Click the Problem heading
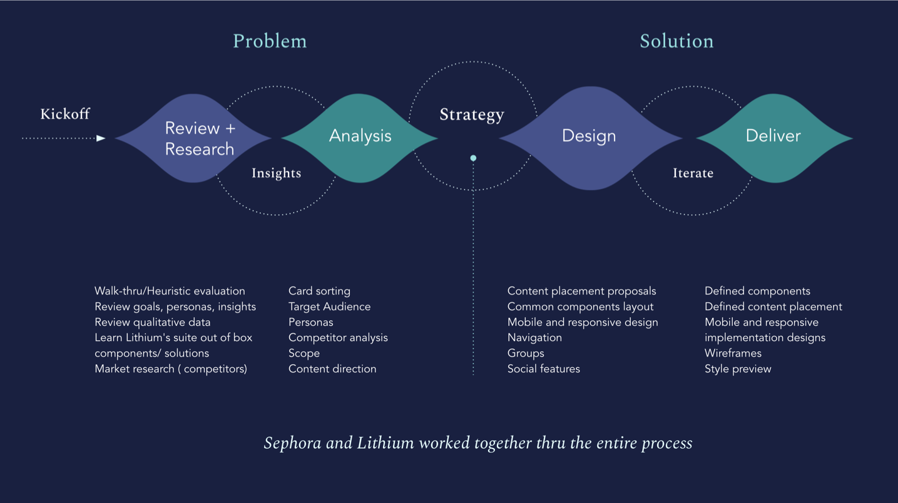tap(270, 41)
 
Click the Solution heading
tap(676, 41)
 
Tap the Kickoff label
tap(65, 114)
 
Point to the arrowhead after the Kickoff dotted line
tap(101, 138)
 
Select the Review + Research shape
tap(194, 138)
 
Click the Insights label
tap(276, 173)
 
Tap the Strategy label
tap(471, 115)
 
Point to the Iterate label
tap(693, 173)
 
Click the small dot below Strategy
tap(473, 158)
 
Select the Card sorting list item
tap(319, 291)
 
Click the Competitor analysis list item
tap(338, 338)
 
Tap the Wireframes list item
tap(733, 353)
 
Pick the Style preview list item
tap(738, 369)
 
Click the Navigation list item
tap(534, 338)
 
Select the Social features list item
tap(543, 369)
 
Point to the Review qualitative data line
tap(152, 322)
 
